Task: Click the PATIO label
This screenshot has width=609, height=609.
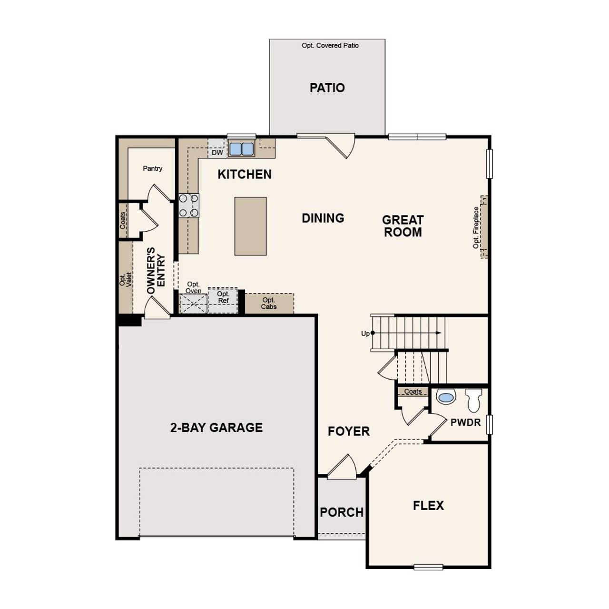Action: [x=327, y=88]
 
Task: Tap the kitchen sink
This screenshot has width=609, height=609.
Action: [x=241, y=149]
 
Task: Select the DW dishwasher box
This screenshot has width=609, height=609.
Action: [x=217, y=153]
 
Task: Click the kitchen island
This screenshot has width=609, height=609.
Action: [x=250, y=226]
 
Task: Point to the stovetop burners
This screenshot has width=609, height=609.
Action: [x=189, y=206]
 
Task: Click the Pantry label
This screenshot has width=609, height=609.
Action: [x=152, y=168]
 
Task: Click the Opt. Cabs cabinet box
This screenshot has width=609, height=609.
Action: [x=269, y=304]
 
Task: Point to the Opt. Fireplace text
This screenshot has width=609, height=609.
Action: [x=476, y=227]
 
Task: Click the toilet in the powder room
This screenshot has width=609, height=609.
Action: [x=474, y=400]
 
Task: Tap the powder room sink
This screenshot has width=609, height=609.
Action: [x=446, y=396]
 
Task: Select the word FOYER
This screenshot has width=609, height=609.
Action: [x=349, y=432]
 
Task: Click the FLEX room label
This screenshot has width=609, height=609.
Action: [x=428, y=505]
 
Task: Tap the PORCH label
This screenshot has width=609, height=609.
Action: [x=342, y=512]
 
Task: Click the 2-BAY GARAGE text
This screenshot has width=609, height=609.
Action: [x=216, y=428]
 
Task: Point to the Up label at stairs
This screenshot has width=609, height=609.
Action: [x=365, y=334]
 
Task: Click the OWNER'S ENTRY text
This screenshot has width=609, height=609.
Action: [x=156, y=270]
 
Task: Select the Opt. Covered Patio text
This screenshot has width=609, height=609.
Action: [x=330, y=46]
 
